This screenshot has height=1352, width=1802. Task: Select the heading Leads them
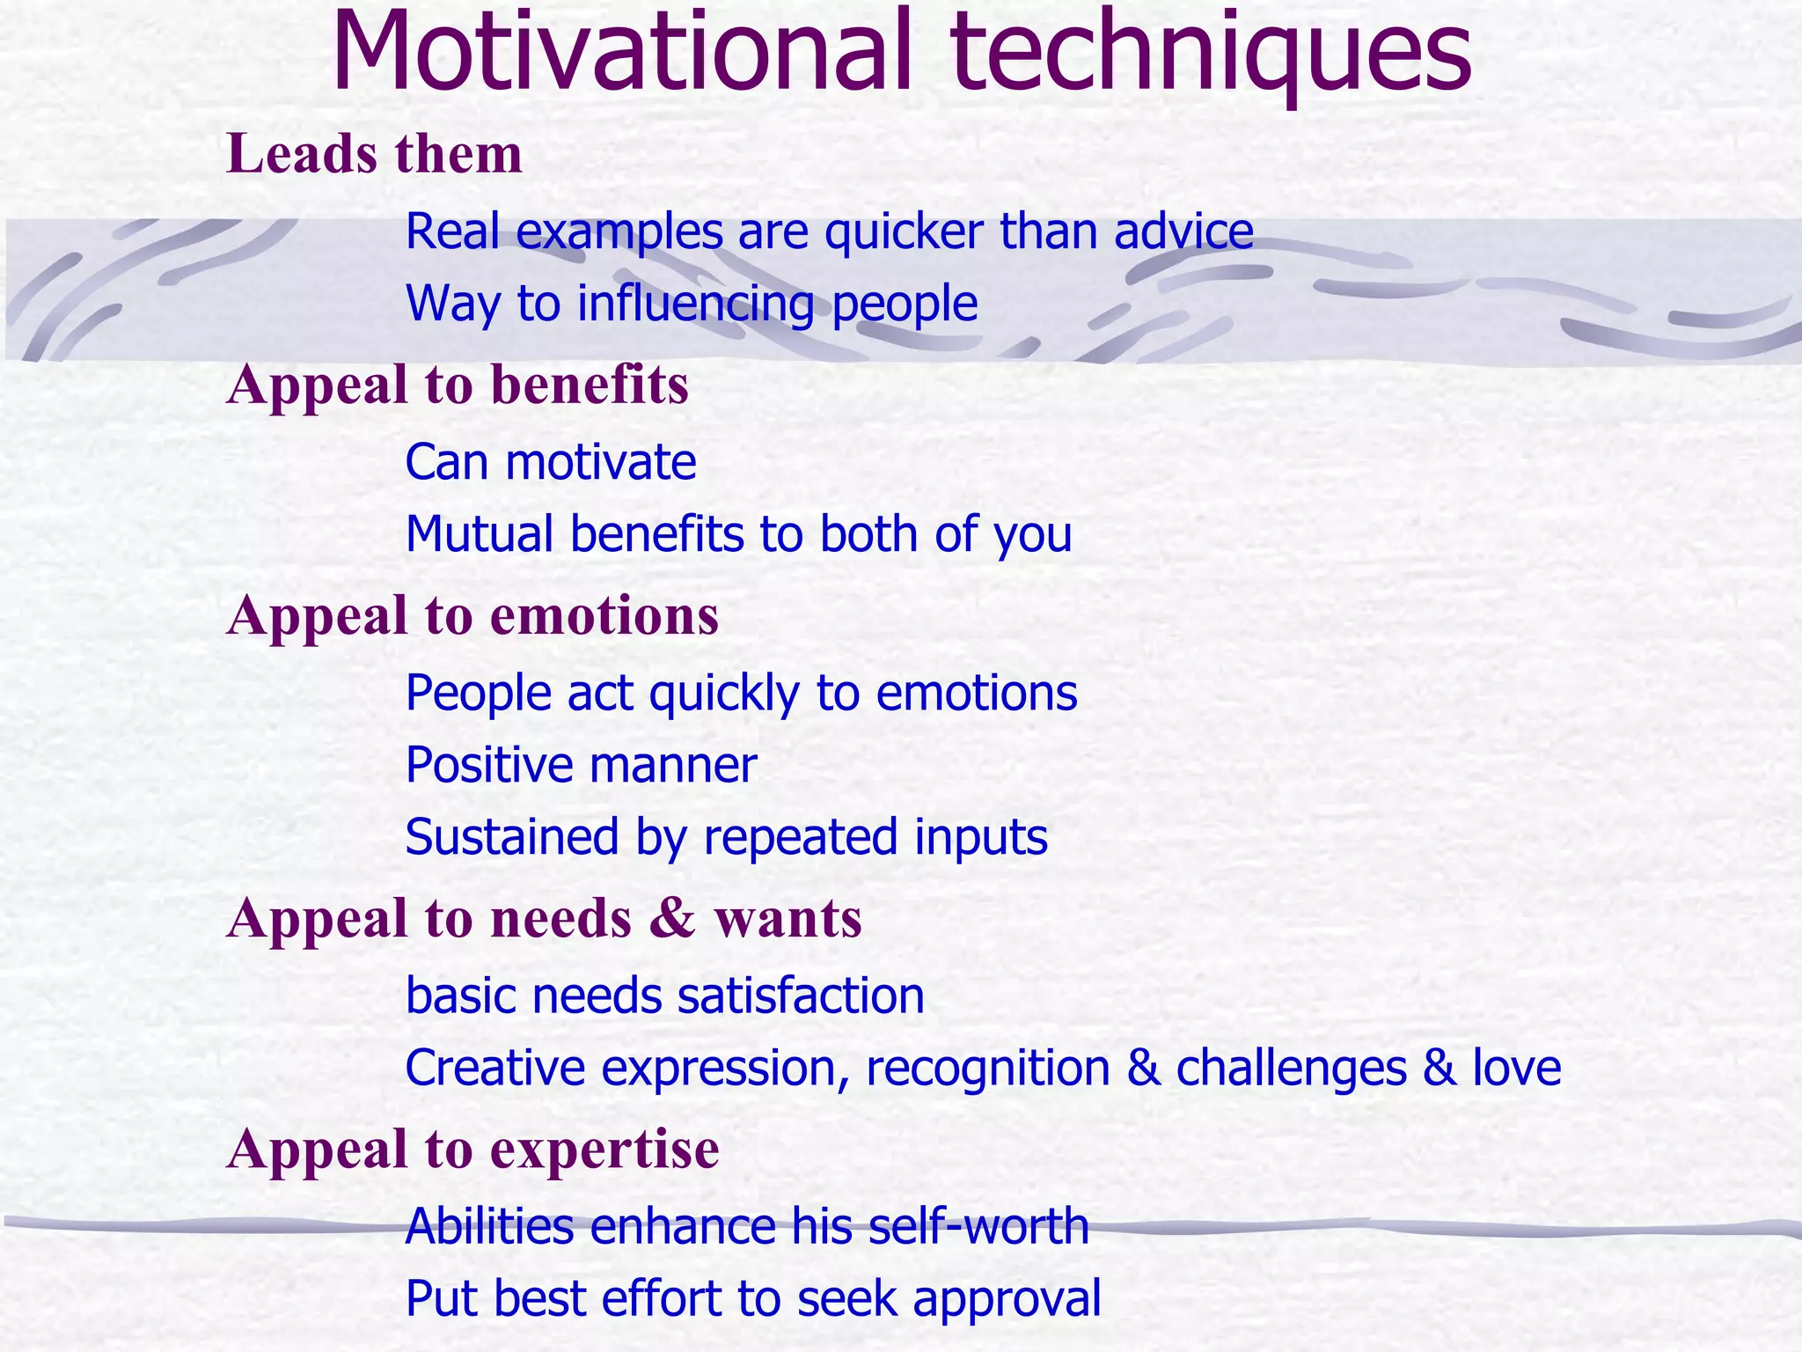click(x=375, y=154)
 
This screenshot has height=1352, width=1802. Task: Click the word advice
click(x=1183, y=231)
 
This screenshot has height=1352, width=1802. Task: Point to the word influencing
click(x=695, y=305)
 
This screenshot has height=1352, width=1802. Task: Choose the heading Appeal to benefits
click(x=458, y=386)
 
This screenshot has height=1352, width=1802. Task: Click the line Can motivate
click(x=551, y=462)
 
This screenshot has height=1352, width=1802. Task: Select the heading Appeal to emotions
click(x=472, y=615)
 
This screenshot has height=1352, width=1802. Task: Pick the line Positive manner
click(x=581, y=765)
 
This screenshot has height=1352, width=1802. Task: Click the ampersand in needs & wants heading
click(x=673, y=918)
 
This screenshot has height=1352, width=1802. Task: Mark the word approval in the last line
click(x=1007, y=1300)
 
